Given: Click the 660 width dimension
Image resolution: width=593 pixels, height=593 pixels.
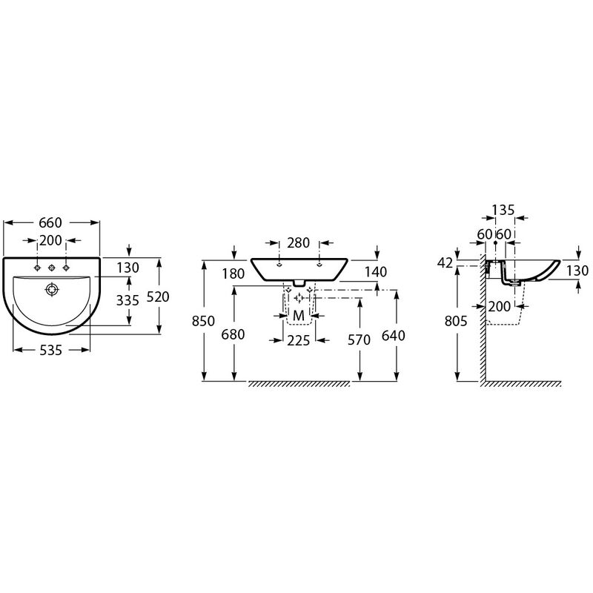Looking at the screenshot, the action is click(50, 223).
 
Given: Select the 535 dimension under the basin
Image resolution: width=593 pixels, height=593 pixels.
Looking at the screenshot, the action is click(51, 351).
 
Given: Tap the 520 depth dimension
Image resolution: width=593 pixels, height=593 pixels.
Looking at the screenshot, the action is click(158, 297).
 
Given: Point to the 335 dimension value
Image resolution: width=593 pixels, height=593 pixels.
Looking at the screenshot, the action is click(127, 300).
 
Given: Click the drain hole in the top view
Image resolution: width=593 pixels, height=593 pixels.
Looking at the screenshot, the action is click(52, 290).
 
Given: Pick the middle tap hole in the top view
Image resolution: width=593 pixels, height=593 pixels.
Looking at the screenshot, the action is click(51, 268).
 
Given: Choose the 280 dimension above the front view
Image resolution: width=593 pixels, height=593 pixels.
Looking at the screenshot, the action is click(299, 243).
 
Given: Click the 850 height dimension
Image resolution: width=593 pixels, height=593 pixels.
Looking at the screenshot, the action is click(203, 321).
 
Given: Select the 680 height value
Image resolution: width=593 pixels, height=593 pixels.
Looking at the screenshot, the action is click(233, 334).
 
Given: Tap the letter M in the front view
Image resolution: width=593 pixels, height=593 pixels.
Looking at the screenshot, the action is click(299, 315).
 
